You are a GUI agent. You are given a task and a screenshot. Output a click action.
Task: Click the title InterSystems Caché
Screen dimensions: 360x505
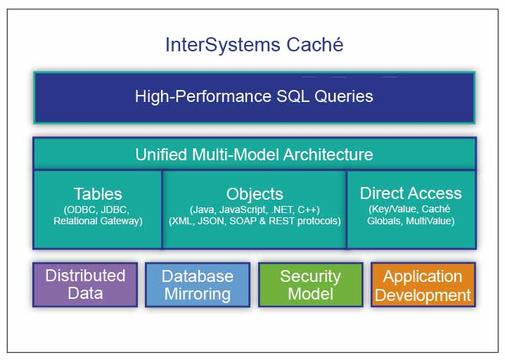pos(254,45)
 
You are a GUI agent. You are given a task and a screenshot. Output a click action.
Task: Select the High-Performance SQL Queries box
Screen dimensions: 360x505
pos(254,96)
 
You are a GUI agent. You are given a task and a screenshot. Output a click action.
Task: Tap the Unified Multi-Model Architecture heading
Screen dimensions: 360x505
pos(254,154)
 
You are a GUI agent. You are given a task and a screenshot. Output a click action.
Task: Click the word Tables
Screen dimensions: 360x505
pos(98,194)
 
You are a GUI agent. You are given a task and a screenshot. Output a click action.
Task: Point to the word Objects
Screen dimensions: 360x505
pos(255,194)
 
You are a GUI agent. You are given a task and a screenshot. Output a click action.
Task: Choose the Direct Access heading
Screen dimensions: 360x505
pos(411,193)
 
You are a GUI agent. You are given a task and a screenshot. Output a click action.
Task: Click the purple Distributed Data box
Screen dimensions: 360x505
pos(85,284)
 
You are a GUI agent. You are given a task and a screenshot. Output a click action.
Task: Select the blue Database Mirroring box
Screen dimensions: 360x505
pos(197,285)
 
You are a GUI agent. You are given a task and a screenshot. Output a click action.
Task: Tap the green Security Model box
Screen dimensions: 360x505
pos(310,285)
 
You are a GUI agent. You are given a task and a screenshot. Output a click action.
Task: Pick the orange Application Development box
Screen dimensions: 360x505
pos(423,285)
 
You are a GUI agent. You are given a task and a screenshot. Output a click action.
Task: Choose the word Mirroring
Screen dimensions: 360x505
pos(197,294)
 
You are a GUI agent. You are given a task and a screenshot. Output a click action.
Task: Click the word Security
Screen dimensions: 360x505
pos(310,276)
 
